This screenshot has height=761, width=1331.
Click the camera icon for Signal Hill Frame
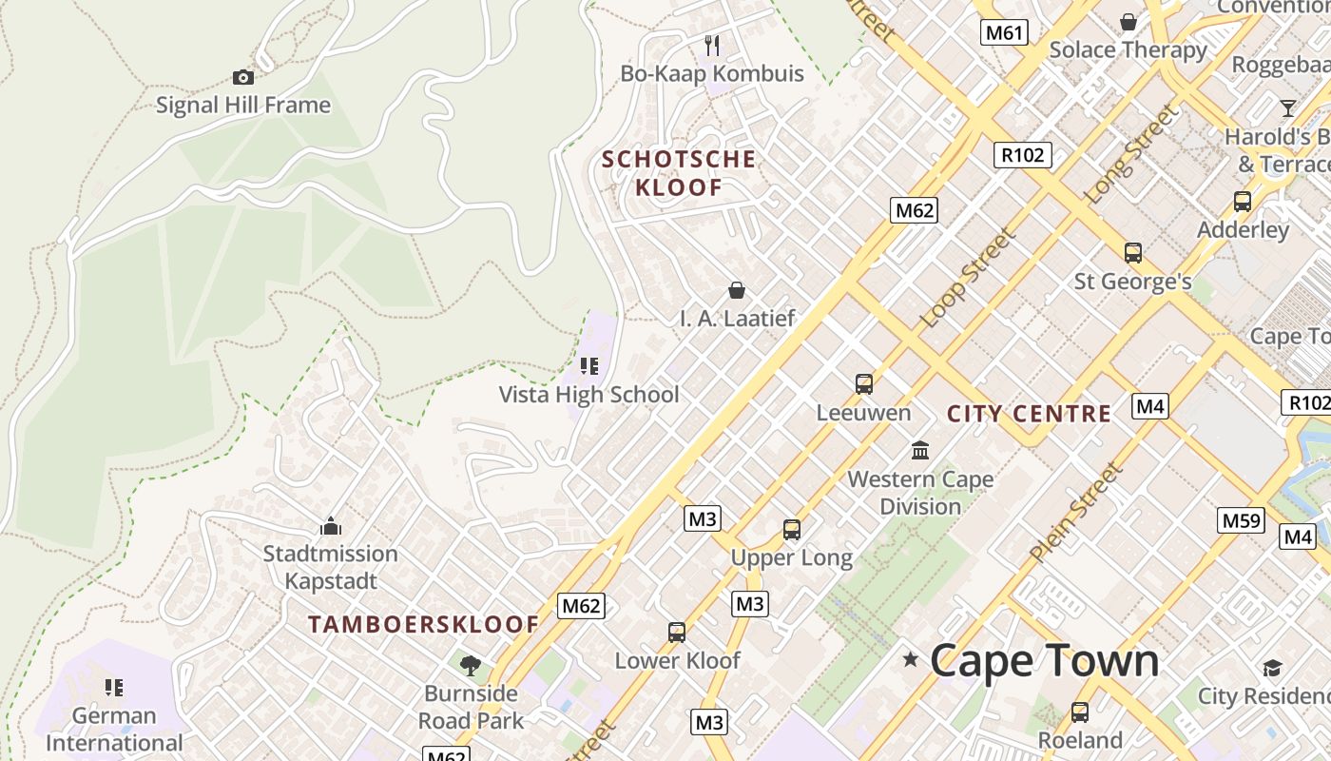243,77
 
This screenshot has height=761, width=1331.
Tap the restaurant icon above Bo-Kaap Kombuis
712,45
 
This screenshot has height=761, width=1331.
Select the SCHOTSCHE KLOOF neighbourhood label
679,173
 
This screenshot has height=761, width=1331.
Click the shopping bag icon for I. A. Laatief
736,289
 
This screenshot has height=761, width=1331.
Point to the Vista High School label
588,394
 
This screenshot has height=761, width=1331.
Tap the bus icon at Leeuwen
863,383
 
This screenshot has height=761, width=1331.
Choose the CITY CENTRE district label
1029,414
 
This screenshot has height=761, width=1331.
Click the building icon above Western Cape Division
920,450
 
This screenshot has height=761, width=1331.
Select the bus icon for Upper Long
791,529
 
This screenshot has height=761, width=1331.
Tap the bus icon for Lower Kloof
677,632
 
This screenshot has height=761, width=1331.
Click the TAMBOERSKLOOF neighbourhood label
423,625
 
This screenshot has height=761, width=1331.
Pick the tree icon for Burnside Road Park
470,665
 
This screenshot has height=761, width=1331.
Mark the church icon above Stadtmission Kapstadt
331,525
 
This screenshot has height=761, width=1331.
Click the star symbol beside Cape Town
910,658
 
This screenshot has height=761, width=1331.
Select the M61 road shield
1004,33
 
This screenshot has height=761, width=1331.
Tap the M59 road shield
1241,520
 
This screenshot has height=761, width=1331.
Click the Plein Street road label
1075,512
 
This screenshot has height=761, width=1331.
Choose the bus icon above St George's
1132,252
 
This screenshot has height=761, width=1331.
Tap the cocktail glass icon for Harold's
1287,107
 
